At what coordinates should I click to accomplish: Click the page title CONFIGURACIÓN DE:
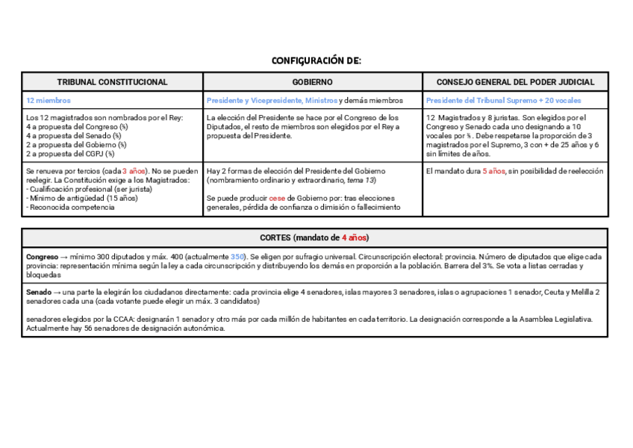pos(316,60)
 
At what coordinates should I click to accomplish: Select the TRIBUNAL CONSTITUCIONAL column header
pos(113,82)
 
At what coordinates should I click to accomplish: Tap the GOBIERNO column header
pos(312,82)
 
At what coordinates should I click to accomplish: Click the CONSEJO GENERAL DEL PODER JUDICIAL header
pos(515,82)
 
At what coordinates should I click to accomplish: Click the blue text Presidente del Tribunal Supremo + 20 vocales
pos(503,100)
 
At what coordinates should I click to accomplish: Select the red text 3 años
pos(134,171)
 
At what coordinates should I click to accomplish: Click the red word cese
pos(277,199)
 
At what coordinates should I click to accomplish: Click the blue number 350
pos(238,256)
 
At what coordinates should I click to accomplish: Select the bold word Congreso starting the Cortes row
pos(42,256)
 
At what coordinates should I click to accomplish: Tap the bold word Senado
pos(39,291)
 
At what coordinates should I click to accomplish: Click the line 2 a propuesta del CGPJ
pos(70,154)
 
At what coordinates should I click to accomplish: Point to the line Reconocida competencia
pos(72,208)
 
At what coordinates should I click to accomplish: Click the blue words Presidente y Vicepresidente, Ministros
pos(272,100)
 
